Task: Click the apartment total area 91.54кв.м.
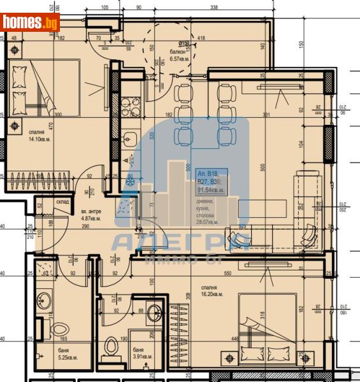coord(211,190)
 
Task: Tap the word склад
coord(62,202)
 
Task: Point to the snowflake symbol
coord(130,183)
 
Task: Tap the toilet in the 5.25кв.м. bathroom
coord(45,328)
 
